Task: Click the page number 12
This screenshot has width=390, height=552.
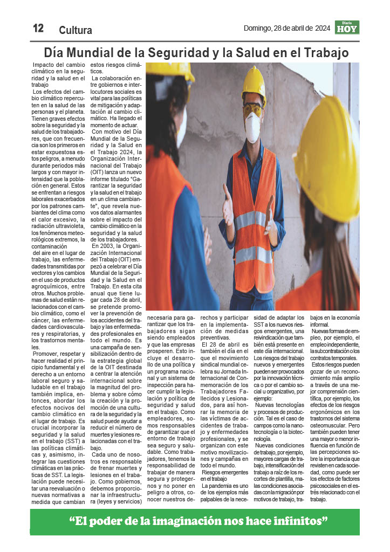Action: click(38, 29)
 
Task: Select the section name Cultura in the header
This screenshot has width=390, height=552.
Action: click(76, 30)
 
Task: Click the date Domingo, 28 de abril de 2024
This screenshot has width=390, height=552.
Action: click(286, 28)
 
